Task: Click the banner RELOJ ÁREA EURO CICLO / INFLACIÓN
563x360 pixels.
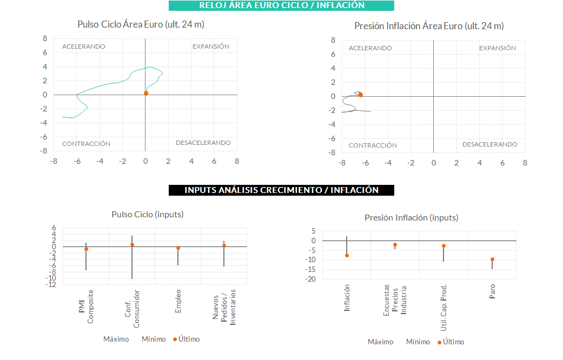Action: point(281,5)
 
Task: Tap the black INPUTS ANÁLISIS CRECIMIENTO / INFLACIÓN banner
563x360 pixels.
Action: point(281,190)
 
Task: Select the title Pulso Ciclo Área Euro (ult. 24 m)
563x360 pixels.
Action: point(141,24)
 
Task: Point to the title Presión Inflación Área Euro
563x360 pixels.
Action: point(429,26)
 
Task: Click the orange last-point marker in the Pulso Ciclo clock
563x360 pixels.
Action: point(146,94)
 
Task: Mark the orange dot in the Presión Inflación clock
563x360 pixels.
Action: point(360,95)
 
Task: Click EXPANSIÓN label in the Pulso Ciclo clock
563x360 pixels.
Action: point(211,46)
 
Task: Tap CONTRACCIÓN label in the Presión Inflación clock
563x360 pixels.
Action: point(373,145)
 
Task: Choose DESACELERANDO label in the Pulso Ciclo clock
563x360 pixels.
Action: point(203,143)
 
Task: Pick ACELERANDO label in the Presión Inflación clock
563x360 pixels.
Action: point(370,48)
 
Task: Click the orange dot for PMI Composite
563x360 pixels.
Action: point(86,249)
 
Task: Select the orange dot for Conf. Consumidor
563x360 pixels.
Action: point(132,245)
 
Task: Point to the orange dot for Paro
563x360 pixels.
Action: point(492,259)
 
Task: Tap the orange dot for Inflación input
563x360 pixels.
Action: point(347,256)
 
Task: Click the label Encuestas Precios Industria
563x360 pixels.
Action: point(395,300)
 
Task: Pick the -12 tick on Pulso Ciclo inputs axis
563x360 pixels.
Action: point(52,284)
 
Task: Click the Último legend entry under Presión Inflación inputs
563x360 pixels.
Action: point(451,342)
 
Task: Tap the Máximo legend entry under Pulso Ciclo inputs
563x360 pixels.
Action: point(116,339)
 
